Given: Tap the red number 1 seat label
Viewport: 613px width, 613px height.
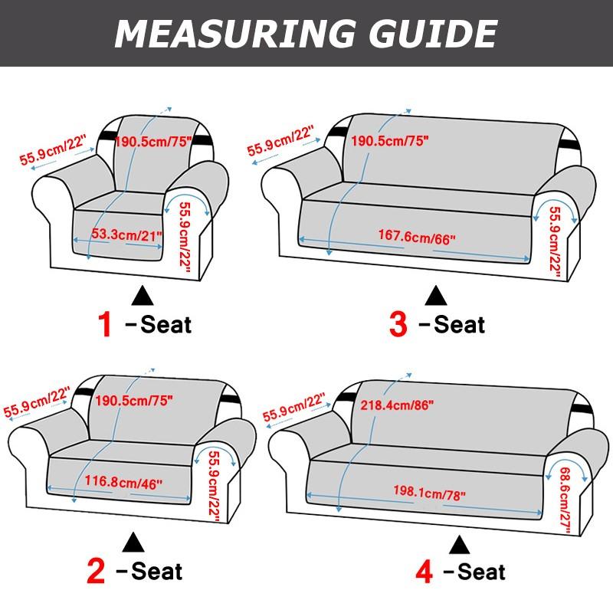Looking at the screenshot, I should (x=105, y=324).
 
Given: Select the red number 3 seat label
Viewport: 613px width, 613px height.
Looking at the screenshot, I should (x=398, y=324).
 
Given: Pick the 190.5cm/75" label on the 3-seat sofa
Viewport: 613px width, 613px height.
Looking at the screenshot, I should (x=388, y=141).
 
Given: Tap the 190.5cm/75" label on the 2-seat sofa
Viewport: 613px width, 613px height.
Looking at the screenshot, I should (x=134, y=399).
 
